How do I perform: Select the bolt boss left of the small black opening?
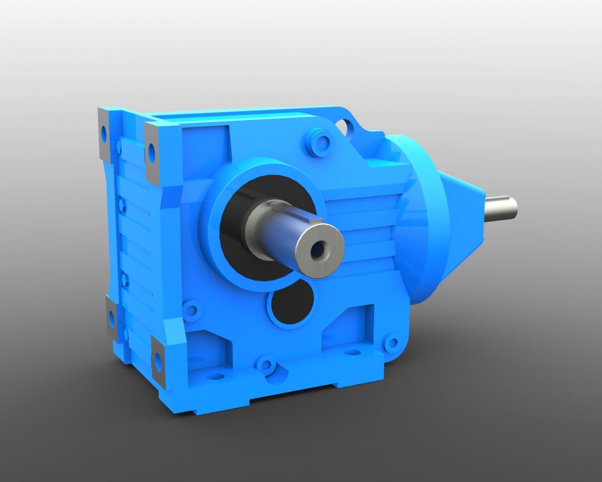coord(191,310)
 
